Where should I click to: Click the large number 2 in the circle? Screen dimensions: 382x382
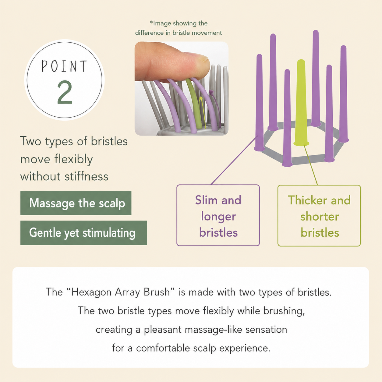tap(65, 92)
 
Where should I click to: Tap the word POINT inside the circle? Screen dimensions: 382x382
tap(64, 66)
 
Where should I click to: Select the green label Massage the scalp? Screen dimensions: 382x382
tap(76, 203)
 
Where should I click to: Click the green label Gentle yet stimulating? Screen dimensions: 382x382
tap(84, 233)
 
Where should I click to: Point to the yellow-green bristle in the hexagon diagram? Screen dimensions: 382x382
tap(301, 102)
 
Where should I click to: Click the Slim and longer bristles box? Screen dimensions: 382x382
tap(218, 215)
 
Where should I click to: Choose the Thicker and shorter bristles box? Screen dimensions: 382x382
tap(319, 216)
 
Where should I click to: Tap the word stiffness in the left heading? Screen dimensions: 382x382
tap(87, 176)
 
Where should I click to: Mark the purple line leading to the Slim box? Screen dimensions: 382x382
tap(234, 160)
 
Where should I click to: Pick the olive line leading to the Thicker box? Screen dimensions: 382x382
tap(311, 165)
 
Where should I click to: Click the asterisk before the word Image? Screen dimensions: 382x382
tap(151, 23)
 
